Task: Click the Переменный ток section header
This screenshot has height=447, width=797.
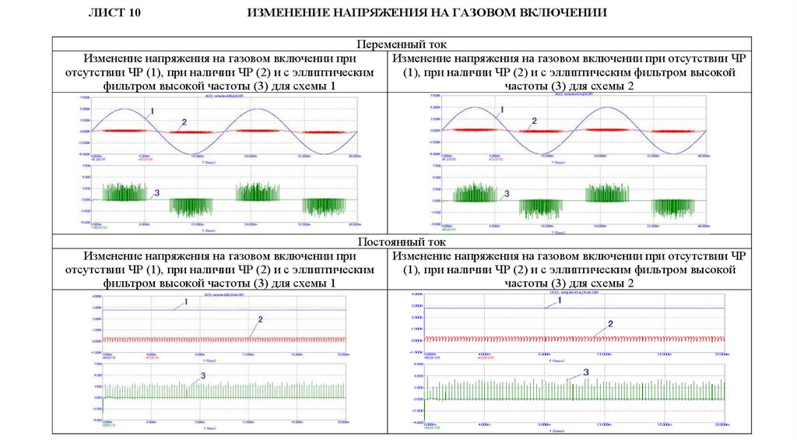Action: coord(402,45)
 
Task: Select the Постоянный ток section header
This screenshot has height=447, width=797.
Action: coord(402,243)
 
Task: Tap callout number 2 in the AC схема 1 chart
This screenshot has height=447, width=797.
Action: coord(184,122)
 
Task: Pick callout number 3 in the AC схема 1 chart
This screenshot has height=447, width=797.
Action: coord(157,192)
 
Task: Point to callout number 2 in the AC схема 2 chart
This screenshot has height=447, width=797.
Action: coord(534,121)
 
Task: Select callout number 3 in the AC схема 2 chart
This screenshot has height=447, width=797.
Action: coord(507,193)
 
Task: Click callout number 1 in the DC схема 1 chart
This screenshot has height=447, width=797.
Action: coord(186,301)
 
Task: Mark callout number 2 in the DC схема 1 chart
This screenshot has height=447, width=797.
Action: coord(260,320)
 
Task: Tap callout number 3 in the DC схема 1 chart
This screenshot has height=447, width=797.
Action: coord(203,375)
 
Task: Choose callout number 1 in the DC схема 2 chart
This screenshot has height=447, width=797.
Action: coord(557,300)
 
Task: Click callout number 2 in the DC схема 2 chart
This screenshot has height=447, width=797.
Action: coord(611,323)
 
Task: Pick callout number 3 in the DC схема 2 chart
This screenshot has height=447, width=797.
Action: coord(585,373)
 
